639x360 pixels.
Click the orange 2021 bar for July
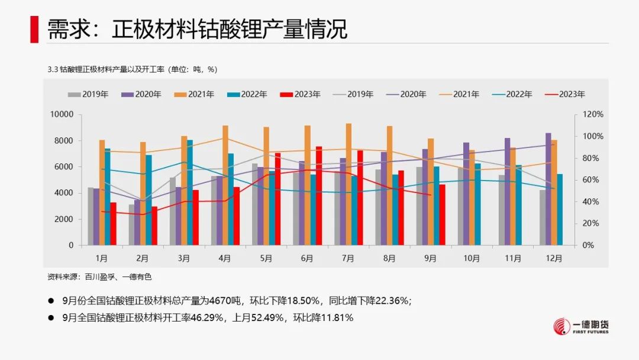point(348,184)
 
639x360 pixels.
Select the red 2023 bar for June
point(319,195)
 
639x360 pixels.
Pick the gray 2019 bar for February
point(132,224)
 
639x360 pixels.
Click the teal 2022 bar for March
point(190,192)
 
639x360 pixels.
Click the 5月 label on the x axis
point(266,259)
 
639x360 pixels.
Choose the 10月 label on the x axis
point(471,259)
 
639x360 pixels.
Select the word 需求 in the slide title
point(63,29)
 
